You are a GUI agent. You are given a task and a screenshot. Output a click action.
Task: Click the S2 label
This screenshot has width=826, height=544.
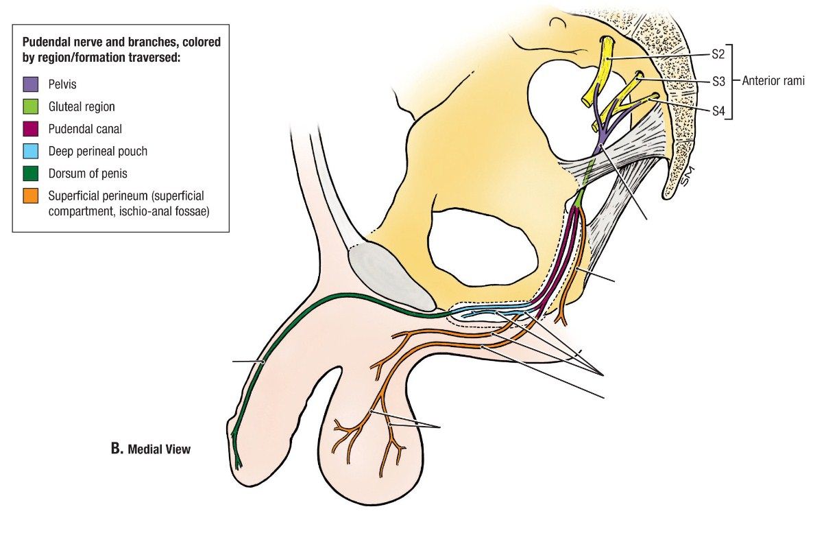(x=718, y=54)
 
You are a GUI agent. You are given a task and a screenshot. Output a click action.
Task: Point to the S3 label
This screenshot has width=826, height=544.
(x=718, y=81)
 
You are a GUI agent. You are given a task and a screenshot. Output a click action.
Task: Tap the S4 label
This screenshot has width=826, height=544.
(x=718, y=109)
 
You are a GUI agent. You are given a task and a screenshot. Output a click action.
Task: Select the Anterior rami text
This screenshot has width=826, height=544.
(x=773, y=81)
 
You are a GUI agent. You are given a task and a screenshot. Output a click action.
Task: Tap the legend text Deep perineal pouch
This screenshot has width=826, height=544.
(x=97, y=151)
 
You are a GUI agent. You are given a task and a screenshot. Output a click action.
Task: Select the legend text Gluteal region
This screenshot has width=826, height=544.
(x=82, y=107)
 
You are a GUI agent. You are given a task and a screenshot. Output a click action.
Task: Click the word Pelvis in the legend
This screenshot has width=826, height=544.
(x=62, y=85)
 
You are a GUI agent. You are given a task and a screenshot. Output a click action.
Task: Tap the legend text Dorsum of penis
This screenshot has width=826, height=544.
(x=88, y=174)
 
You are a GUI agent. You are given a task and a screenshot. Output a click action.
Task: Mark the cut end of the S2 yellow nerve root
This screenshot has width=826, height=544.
(x=607, y=41)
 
